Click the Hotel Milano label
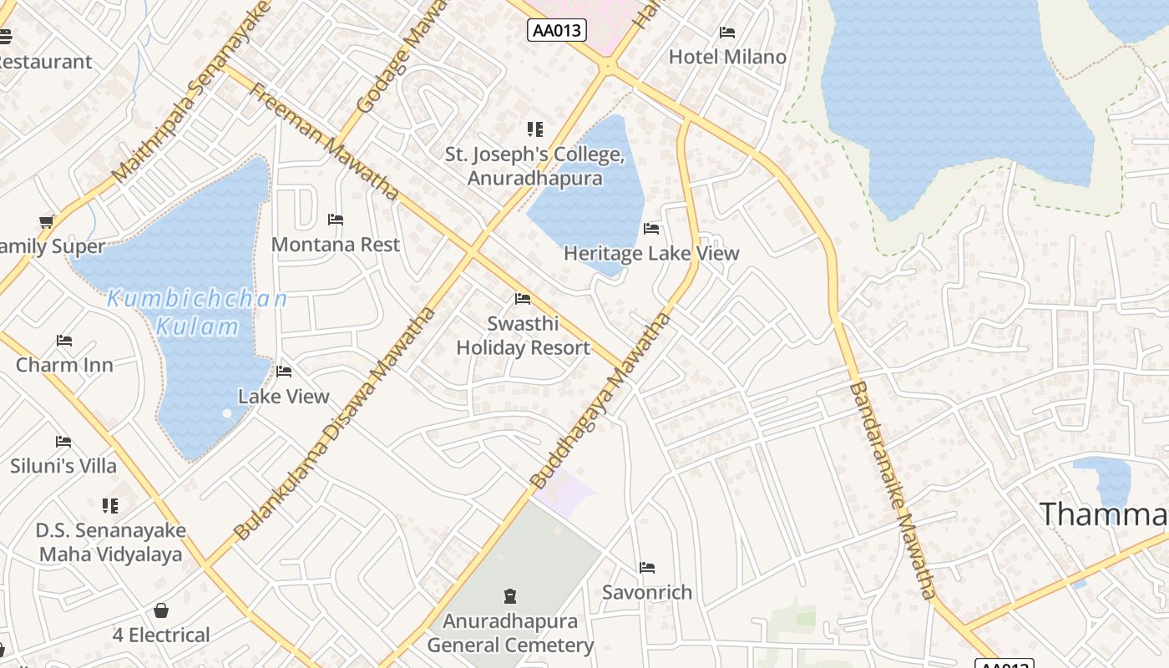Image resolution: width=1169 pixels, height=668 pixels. (x=727, y=57)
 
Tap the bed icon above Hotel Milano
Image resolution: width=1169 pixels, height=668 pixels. (x=727, y=33)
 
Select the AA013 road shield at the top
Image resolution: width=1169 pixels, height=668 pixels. (x=558, y=31)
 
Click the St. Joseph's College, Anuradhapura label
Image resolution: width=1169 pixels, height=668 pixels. (x=534, y=166)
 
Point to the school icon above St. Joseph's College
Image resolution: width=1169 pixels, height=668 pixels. (x=534, y=129)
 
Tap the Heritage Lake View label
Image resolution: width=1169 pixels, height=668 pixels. (x=651, y=253)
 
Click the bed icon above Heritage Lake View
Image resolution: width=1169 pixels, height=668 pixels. (x=651, y=228)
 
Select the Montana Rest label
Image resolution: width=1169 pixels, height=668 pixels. (x=336, y=245)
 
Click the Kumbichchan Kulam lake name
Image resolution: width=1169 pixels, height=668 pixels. (x=198, y=311)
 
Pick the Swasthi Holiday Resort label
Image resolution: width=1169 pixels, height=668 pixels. (x=523, y=336)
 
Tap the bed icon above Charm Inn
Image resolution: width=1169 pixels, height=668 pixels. (x=64, y=341)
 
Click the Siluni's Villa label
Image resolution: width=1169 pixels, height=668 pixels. (x=63, y=466)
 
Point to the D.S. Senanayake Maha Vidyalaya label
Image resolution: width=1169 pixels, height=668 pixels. (x=110, y=542)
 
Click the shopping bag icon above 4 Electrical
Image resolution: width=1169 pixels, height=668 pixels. (x=161, y=611)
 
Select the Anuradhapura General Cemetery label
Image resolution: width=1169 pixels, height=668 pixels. (x=510, y=633)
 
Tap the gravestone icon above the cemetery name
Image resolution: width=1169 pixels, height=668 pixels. (x=510, y=596)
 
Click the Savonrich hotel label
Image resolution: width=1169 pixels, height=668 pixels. (x=647, y=592)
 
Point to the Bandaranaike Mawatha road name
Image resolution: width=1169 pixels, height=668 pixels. (x=891, y=490)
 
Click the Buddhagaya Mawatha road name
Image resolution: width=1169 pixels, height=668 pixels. (x=601, y=400)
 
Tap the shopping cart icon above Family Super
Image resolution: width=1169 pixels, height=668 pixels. (x=47, y=221)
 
